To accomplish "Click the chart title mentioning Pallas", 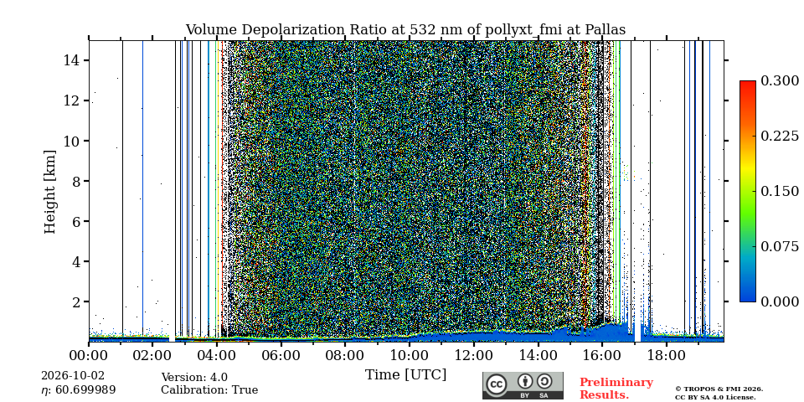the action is click(x=405, y=30).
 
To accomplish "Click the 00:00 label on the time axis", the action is click(x=90, y=354).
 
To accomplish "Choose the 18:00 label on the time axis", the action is click(x=666, y=354).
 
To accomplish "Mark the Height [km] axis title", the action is click(x=49, y=192).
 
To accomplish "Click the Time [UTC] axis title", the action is click(x=405, y=375).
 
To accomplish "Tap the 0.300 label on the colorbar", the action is click(x=780, y=81).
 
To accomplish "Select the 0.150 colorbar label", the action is click(x=780, y=191).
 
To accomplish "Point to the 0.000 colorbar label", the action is click(x=780, y=301).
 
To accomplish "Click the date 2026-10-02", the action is click(x=73, y=376).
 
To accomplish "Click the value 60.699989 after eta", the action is click(x=85, y=390).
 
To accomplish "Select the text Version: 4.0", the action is click(x=194, y=378).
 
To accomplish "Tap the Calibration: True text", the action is click(x=209, y=390).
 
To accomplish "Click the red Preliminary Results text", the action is click(x=616, y=389).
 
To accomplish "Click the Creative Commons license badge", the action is click(x=523, y=385).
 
